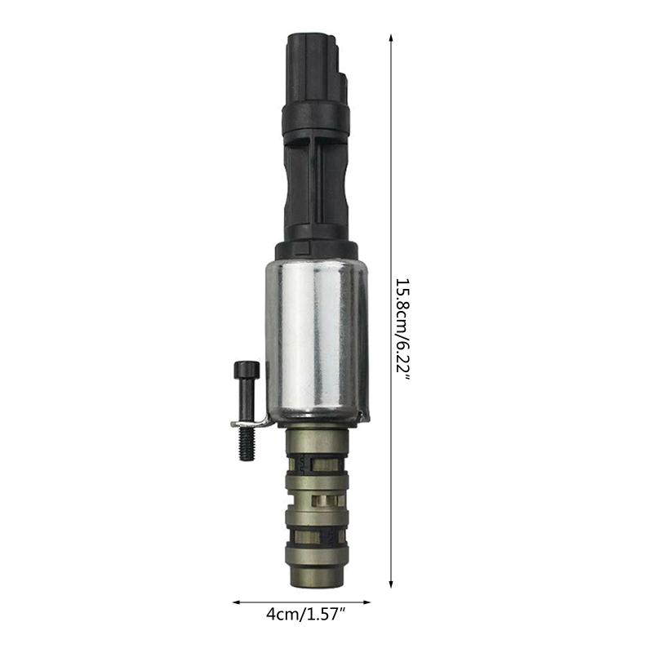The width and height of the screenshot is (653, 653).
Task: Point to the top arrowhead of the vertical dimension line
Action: [x=391, y=38]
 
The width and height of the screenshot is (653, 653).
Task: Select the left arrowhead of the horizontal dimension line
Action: [x=237, y=603]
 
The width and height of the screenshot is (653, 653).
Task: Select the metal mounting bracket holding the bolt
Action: [x=253, y=423]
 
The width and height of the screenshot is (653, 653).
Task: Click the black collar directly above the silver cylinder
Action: [x=317, y=249]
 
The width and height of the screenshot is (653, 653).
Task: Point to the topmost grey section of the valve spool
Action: [x=317, y=445]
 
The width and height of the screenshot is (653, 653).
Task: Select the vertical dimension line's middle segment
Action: [x=391, y=204]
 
